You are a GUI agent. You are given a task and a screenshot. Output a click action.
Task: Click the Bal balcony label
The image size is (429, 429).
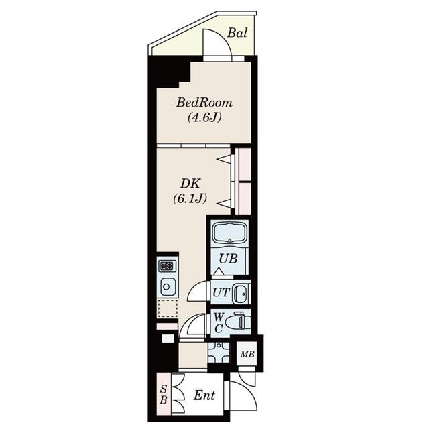(237, 33)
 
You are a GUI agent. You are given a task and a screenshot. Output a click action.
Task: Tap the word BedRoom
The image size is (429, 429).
(204, 103)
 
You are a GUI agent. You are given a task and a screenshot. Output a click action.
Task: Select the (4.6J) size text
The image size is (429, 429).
(204, 118)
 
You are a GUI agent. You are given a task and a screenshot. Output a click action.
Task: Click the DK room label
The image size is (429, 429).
(190, 184)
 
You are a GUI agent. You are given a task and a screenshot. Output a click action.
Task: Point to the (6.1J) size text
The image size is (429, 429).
(190, 198)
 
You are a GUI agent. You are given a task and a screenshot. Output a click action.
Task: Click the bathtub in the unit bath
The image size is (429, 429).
(229, 233)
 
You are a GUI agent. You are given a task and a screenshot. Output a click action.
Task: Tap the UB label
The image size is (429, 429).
(228, 259)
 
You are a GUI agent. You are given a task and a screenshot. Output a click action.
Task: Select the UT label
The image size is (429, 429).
(221, 292)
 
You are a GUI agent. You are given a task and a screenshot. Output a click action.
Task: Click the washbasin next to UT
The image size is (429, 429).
(241, 294)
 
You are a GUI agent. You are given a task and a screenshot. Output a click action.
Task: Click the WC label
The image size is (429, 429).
(219, 323)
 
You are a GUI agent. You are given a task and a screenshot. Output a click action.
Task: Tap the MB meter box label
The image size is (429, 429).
(247, 355)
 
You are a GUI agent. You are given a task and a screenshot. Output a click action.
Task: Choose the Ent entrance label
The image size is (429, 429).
(204, 395)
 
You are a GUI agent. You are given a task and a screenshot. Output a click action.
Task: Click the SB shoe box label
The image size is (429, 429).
(164, 395)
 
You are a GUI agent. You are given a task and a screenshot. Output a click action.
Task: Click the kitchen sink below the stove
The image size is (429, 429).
(168, 286)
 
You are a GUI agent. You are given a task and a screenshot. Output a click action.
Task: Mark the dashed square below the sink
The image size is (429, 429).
(167, 308)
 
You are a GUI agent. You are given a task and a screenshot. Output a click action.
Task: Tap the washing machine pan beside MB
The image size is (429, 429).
(219, 353)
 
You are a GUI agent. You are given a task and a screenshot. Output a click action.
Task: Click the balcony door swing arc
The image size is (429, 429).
(223, 36)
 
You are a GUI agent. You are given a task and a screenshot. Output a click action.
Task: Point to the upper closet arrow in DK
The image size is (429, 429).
(224, 160)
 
